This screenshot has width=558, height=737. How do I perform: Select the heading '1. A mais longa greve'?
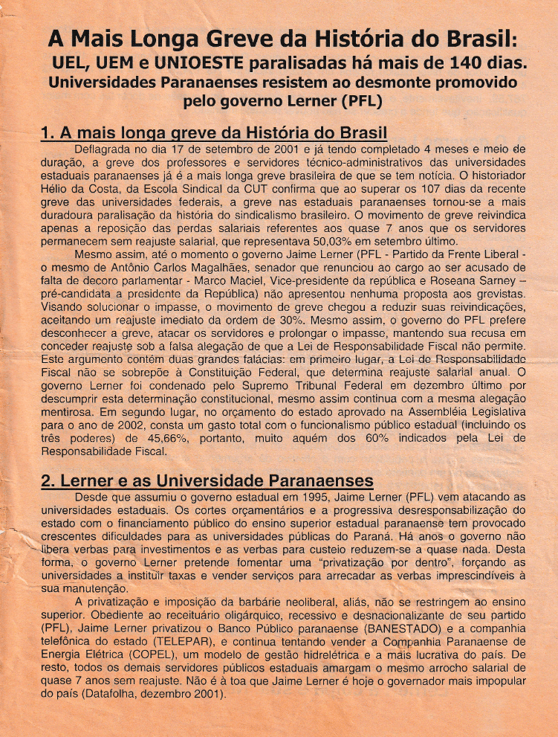point(214,135)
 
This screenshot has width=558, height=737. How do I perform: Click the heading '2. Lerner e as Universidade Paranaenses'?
point(207,481)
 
